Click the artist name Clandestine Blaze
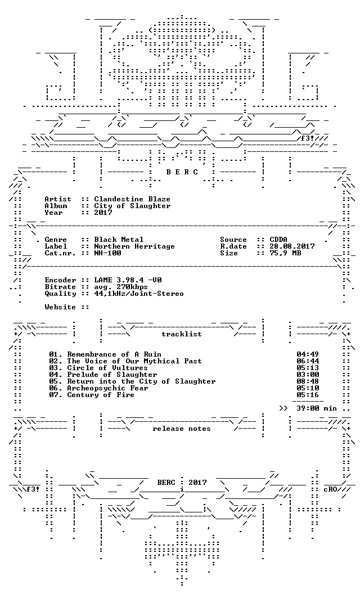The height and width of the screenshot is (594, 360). (132, 199)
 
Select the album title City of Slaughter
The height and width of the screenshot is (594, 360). (132, 206)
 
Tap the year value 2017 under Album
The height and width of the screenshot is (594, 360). (103, 213)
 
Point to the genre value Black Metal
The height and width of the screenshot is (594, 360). (119, 240)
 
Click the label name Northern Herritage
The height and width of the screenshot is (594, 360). (134, 246)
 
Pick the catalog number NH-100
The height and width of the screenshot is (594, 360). (107, 253)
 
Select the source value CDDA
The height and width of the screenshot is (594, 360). (278, 240)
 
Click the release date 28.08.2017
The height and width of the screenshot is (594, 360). (292, 246)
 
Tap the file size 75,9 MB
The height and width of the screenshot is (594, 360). (285, 253)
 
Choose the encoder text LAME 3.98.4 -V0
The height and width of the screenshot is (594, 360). (128, 280)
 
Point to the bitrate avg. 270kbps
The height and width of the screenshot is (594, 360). (121, 287)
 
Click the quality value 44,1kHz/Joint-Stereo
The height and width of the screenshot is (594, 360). (139, 294)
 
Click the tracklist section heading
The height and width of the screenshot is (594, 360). (182, 334)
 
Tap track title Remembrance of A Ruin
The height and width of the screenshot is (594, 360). (114, 354)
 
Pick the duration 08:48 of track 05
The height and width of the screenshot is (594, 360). (308, 381)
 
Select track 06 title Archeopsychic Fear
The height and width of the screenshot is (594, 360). (107, 388)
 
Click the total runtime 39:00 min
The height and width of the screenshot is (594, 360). (317, 408)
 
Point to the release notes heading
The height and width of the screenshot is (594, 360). (182, 429)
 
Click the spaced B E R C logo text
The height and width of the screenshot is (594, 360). (182, 172)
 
